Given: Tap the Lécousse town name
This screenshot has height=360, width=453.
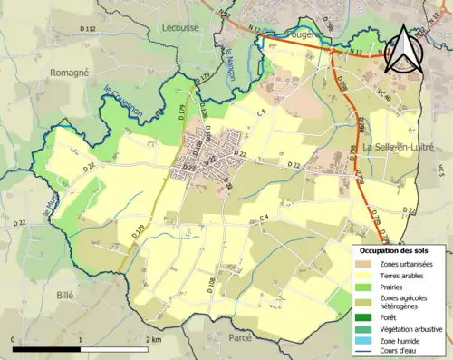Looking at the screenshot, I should [x=181, y=27].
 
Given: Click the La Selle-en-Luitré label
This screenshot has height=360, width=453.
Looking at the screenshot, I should [x=399, y=145].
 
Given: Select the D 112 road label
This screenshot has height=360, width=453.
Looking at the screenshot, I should [x=88, y=30].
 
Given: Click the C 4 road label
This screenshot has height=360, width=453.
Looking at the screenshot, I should [x=265, y=217].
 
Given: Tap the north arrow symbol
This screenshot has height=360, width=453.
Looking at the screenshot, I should [x=407, y=49].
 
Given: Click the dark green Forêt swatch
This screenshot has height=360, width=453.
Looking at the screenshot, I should [x=362, y=317].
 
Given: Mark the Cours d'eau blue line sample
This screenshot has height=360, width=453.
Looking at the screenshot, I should [x=362, y=351].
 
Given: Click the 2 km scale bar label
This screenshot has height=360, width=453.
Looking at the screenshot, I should [x=156, y=338].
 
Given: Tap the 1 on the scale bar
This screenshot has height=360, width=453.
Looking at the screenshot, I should [x=82, y=338].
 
